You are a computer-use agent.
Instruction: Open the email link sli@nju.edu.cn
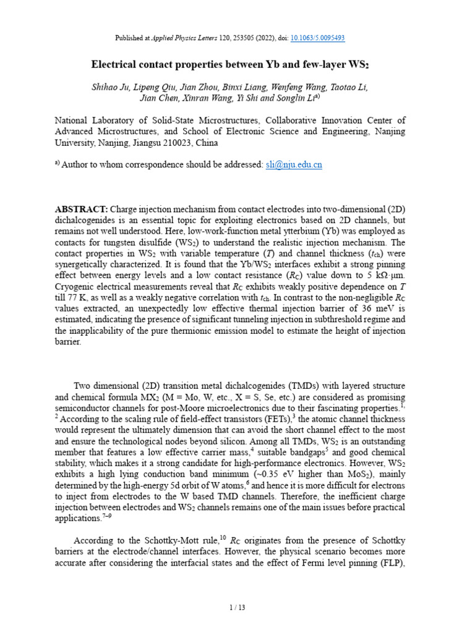tap(294, 165)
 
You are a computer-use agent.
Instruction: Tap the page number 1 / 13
tap(237, 608)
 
